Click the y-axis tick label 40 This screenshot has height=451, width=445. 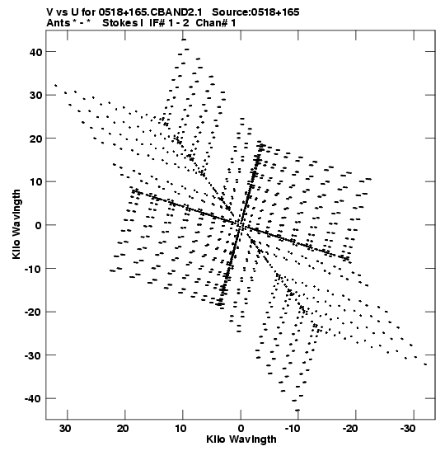pos(35,52)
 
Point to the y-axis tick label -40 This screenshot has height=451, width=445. pos(33,399)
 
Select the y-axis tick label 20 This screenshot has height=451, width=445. pos(35,139)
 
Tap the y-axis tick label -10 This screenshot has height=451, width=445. pos(33,269)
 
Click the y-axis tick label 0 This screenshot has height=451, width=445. pos(39,225)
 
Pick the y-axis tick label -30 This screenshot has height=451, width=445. pos(33,355)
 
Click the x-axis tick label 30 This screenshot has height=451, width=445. pos(65,429)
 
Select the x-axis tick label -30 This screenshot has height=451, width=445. pos(408,429)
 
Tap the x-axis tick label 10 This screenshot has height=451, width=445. pos(180,429)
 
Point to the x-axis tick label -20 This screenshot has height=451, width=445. pos(350,429)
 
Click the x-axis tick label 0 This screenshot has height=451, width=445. pos(241,429)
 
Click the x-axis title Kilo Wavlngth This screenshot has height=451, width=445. pos(241,439)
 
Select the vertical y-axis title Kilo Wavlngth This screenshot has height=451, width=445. pos(16,224)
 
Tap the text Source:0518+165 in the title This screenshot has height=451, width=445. pos(255,12)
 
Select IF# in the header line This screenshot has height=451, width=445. pos(157,23)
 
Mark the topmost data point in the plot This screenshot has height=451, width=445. pos(184,40)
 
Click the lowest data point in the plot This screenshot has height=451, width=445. pos(297,410)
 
